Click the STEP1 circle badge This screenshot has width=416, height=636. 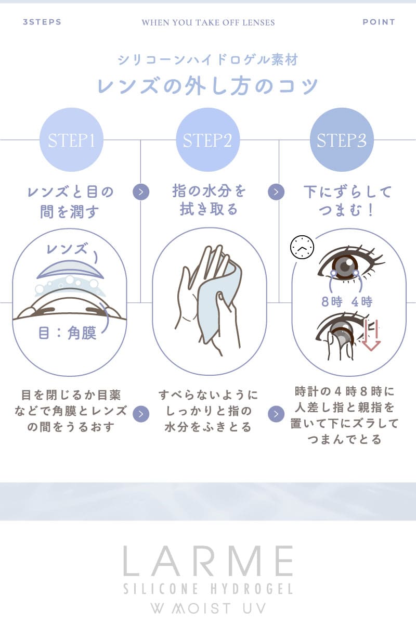pos(71,139)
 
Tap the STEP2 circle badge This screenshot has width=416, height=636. pos(207,139)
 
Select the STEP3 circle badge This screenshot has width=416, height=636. pos(342,139)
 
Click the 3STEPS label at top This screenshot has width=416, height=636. pos(42,22)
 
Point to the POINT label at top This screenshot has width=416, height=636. pos(379,22)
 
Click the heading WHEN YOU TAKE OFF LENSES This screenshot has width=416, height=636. pos(208,22)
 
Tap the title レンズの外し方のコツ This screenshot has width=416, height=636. pos(208,85)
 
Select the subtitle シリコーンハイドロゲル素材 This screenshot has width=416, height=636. pos(208,59)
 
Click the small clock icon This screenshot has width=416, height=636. pos(302,247)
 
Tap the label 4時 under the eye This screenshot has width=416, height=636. pos(362,301)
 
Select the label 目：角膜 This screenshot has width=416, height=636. pos(68,333)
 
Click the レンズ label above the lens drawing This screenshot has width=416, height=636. pos(67,248)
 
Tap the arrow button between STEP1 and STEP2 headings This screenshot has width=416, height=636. pos(141,192)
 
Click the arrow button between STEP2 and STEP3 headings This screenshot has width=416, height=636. pos(276,192)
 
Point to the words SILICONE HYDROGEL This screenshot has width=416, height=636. pos(208,589)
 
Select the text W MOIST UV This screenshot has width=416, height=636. pos(208,608)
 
